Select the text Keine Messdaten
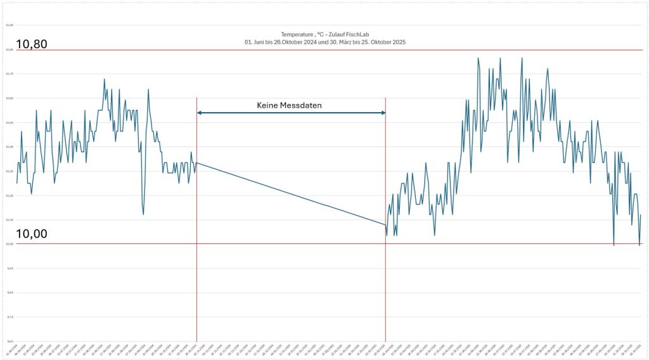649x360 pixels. click(x=289, y=105)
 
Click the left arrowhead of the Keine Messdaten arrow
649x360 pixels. click(x=200, y=113)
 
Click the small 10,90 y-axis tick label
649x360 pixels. click(x=9, y=25)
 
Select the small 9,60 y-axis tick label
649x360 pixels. click(x=9, y=341)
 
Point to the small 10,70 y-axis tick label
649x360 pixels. click(x=9, y=74)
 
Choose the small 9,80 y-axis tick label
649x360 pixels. click(x=9, y=292)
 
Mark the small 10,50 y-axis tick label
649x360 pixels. click(x=9, y=122)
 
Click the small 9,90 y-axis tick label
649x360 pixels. click(x=9, y=268)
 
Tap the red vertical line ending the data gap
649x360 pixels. click(x=385, y=285)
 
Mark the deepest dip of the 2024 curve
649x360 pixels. click(x=143, y=214)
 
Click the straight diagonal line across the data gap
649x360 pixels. click(x=292, y=194)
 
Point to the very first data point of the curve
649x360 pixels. click(x=16, y=183)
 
